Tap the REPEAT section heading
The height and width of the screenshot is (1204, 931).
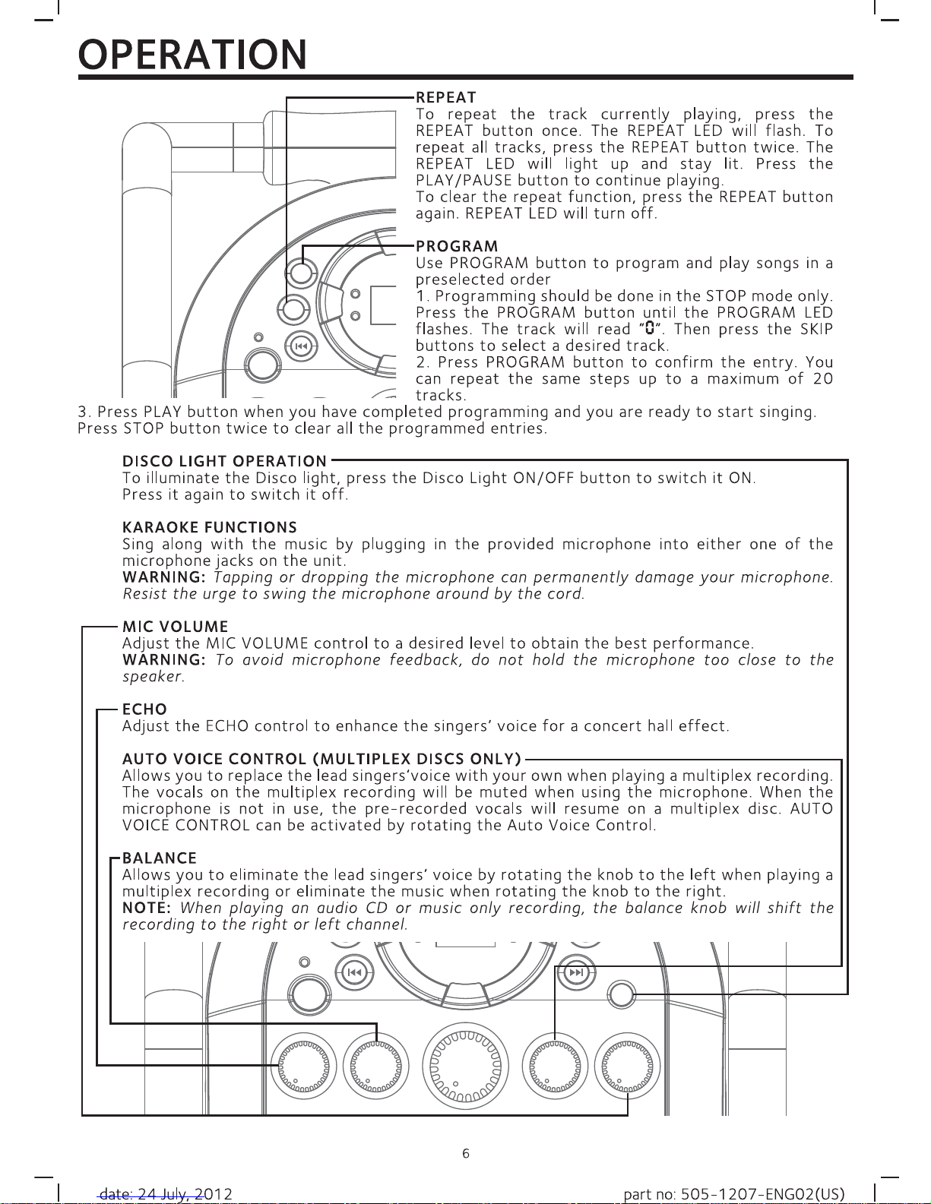(x=445, y=97)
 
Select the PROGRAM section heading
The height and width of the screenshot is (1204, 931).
(x=457, y=246)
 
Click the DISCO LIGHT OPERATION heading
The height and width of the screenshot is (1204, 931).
(x=224, y=461)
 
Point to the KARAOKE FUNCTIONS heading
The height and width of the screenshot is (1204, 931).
(x=210, y=527)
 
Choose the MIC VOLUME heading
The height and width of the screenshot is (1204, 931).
(x=175, y=627)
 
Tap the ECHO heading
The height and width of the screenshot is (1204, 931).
(x=144, y=709)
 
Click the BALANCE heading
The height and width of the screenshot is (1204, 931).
(x=159, y=858)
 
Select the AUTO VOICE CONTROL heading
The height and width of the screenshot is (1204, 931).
(x=321, y=759)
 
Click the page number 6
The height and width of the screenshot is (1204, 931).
(x=465, y=1153)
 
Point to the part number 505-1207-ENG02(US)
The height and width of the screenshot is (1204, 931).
(x=734, y=1193)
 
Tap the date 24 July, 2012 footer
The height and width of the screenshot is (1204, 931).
(x=166, y=1193)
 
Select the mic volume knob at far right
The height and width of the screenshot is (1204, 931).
(x=627, y=1066)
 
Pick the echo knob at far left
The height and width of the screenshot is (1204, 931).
(x=303, y=1066)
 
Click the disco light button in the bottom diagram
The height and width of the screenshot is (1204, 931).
(x=621, y=994)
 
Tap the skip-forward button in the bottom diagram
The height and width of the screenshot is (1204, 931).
(x=576, y=973)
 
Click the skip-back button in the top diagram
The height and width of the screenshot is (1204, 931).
(x=301, y=347)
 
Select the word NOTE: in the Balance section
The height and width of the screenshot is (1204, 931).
(x=146, y=908)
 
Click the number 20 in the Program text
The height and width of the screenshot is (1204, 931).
(x=823, y=379)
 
